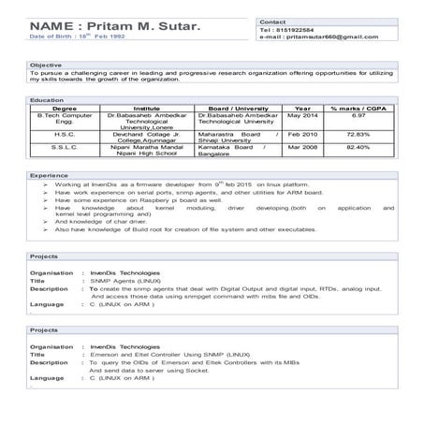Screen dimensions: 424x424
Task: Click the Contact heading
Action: coord(272,20)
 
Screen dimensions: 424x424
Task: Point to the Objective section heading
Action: coord(46,65)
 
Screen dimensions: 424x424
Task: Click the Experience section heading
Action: coord(49,175)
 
